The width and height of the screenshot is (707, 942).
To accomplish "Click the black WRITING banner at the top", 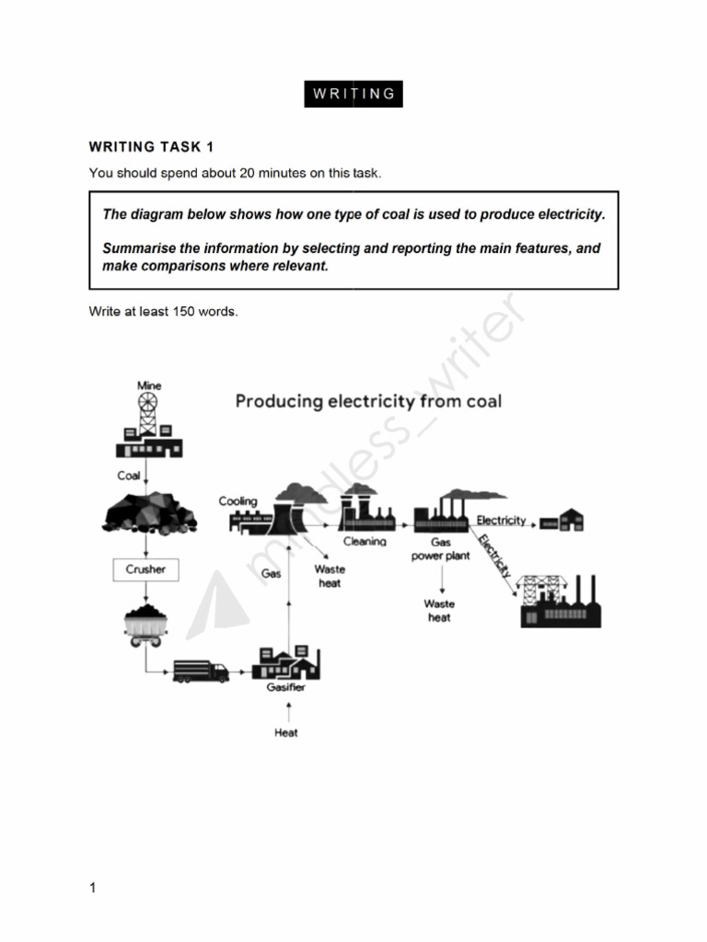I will coord(353,93).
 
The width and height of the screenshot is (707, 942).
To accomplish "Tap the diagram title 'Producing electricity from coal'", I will coord(368,401).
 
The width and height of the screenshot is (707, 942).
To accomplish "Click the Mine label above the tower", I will coord(149,385).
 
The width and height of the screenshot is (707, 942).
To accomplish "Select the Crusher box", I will coord(145,569).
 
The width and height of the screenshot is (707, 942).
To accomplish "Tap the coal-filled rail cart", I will coord(145,624).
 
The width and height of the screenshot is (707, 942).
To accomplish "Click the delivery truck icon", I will coord(201,672).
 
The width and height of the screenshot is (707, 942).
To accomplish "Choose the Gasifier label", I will coord(286,687).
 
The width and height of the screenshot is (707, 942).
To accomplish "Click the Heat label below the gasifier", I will coord(286,733).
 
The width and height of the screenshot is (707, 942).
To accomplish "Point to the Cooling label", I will coord(238,501).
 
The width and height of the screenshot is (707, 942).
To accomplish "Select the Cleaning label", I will coord(365,542).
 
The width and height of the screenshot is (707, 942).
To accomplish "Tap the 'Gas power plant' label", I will coord(441,550).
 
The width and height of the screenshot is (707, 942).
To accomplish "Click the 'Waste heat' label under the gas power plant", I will coord(439,611).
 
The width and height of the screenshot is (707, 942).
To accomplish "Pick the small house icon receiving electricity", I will coord(562,520).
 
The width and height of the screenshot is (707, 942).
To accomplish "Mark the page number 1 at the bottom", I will coord(92,888).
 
